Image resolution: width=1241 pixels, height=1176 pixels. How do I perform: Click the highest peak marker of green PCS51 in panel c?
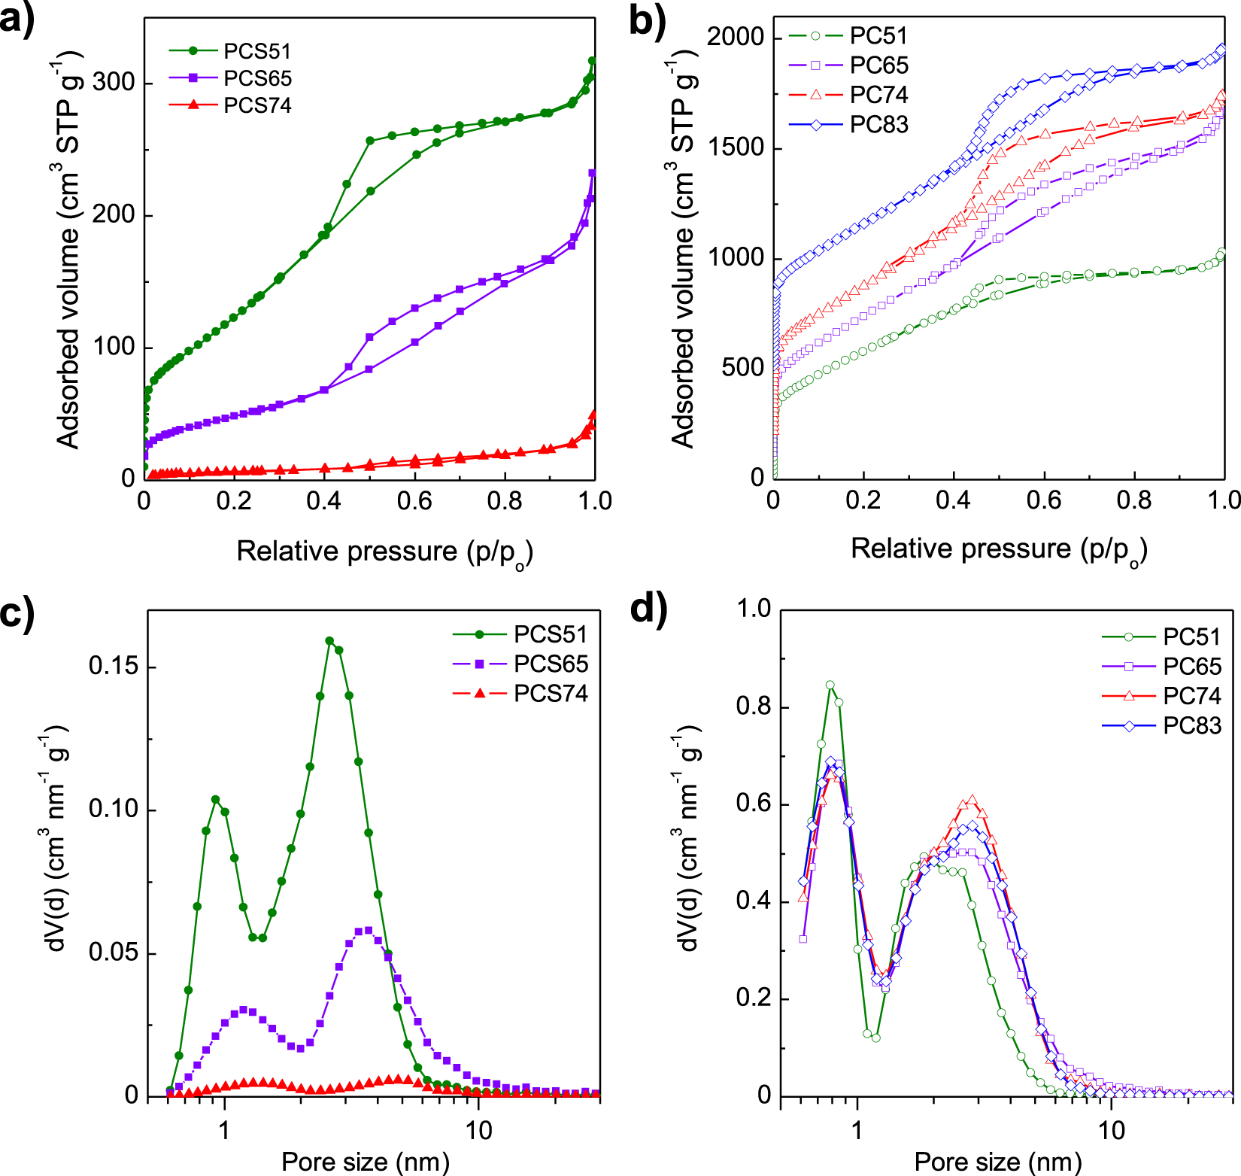tap(329, 641)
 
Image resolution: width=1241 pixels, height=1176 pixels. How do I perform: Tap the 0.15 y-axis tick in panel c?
tap(113, 667)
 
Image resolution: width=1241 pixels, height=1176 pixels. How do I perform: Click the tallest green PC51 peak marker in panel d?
tap(830, 685)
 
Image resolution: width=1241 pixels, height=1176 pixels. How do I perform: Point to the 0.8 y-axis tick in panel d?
tap(754, 707)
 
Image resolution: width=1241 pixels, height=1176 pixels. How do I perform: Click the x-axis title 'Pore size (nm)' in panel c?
tap(365, 1161)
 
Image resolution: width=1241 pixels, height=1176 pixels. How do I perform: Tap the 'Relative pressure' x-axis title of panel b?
tap(998, 549)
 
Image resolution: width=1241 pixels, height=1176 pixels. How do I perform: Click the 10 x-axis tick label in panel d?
tap(1111, 1129)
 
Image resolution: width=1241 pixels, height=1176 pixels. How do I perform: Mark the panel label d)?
tap(648, 608)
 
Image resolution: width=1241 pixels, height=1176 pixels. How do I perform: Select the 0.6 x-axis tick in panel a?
tap(414, 501)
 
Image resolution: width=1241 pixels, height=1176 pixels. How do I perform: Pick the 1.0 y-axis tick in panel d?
tap(754, 609)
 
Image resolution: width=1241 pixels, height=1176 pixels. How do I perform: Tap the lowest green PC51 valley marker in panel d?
tap(875, 1038)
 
